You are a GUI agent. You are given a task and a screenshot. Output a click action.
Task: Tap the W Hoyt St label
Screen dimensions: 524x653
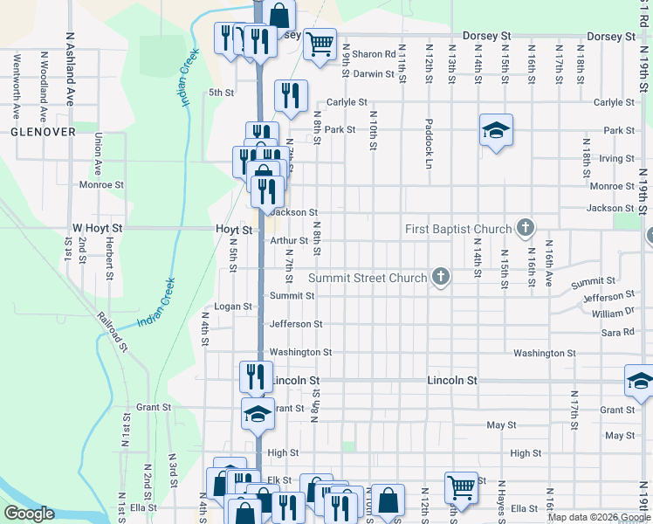pyautogui.click(x=98, y=228)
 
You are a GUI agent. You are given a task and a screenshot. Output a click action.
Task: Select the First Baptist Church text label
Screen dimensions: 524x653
pyautogui.click(x=458, y=230)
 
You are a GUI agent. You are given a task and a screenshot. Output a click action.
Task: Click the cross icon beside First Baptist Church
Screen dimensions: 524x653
pyautogui.click(x=525, y=229)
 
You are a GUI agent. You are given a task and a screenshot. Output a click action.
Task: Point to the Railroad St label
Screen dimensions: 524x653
pyautogui.click(x=113, y=333)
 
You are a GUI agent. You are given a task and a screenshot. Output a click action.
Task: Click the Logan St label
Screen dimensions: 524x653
pyautogui.click(x=233, y=307)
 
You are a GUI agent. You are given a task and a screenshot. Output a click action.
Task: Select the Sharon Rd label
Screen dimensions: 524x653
pyautogui.click(x=374, y=54)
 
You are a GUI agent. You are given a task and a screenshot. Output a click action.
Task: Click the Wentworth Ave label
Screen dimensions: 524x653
pyautogui.click(x=17, y=86)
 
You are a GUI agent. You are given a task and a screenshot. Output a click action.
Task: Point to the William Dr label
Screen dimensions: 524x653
pyautogui.click(x=612, y=313)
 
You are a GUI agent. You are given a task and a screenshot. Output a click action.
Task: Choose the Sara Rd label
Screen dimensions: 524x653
pyautogui.click(x=617, y=333)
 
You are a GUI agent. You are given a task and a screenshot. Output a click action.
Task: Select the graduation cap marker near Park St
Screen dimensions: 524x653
pyautogui.click(x=496, y=130)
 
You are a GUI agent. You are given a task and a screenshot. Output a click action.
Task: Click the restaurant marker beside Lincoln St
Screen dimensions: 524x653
pyautogui.click(x=256, y=376)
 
